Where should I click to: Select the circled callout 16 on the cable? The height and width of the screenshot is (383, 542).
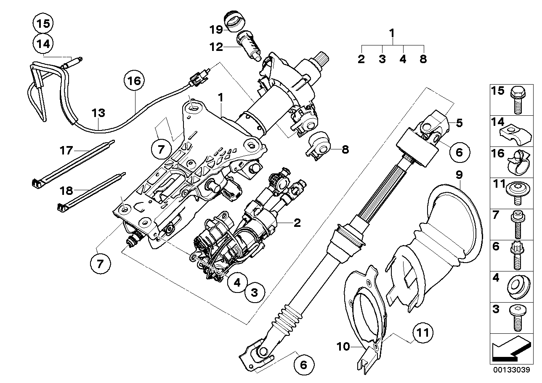[x=133, y=81]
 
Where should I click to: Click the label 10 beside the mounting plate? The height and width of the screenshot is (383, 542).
[x=343, y=347]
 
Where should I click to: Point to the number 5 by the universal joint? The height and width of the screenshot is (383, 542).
[x=459, y=123]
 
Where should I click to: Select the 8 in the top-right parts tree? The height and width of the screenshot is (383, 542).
[x=423, y=59]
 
